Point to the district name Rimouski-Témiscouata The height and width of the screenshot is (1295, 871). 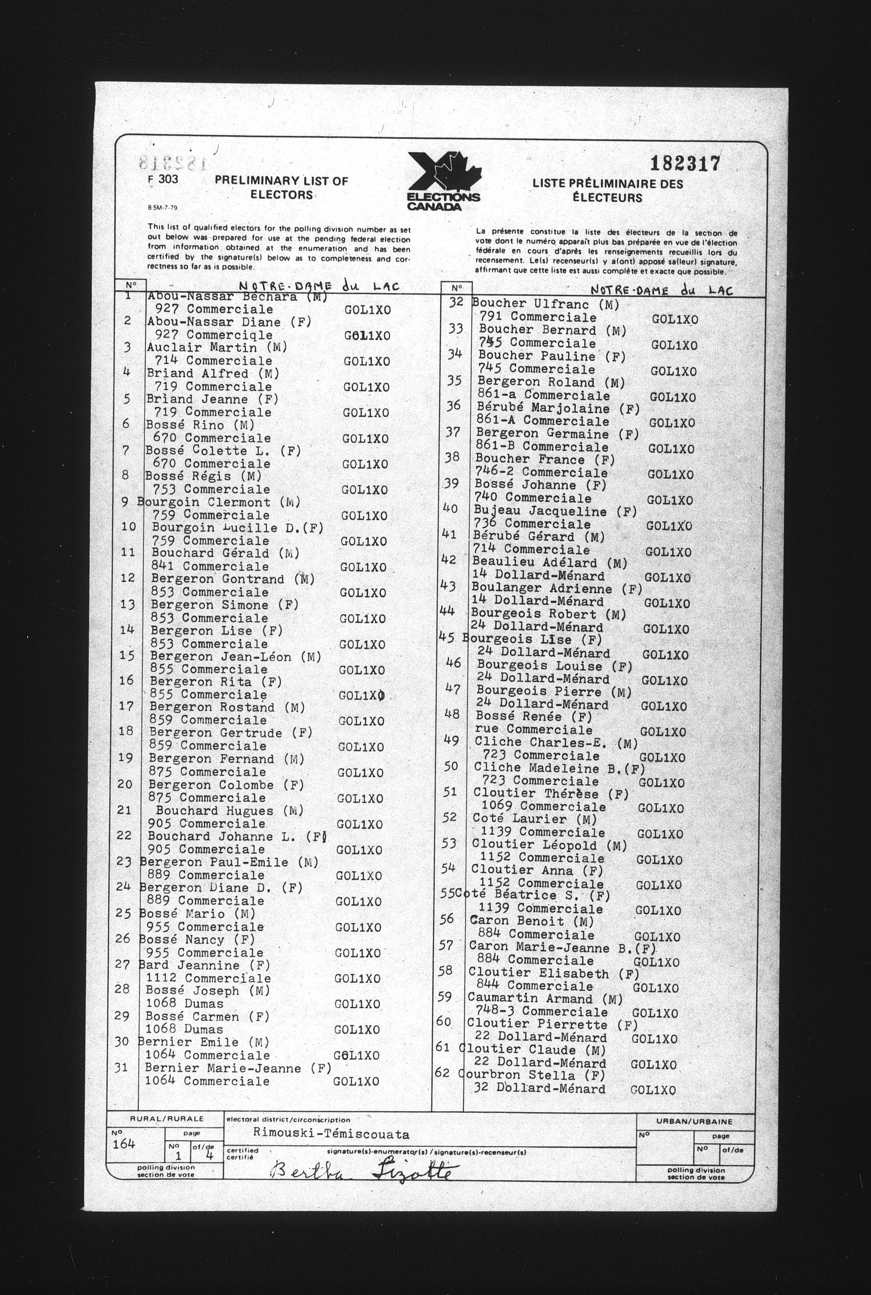(x=331, y=1133)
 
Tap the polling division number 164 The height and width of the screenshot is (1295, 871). (x=123, y=1144)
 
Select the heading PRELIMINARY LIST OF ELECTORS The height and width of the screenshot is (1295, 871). (x=281, y=187)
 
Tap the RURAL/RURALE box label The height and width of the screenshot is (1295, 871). (x=167, y=1119)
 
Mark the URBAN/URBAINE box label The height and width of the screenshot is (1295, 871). (x=694, y=1122)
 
